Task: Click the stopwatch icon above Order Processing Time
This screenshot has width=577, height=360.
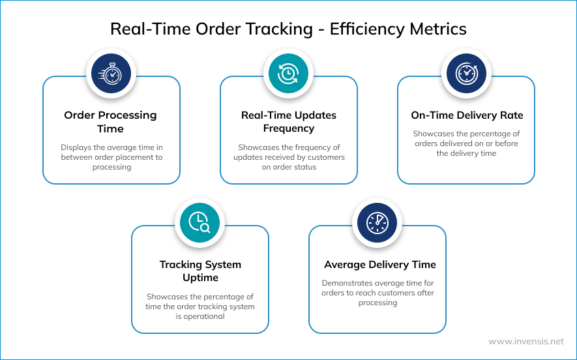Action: pos(111,73)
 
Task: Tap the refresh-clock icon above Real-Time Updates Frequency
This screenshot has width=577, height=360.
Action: pos(288,73)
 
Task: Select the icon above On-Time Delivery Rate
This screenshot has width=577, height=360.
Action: pos(466,73)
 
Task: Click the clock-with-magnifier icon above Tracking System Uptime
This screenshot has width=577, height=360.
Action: pos(200,222)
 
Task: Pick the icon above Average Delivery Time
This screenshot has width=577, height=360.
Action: pos(377,222)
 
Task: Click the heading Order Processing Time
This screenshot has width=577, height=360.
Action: pos(111,122)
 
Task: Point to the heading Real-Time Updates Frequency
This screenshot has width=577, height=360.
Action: pos(288,122)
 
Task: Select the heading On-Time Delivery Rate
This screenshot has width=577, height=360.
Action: pos(467,115)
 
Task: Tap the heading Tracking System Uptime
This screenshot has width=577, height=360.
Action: pos(200,271)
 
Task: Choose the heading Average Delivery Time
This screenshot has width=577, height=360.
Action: pos(380,265)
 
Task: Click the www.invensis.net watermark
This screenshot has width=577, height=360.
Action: pos(525,341)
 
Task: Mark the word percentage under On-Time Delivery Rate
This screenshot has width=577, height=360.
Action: pos(490,134)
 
